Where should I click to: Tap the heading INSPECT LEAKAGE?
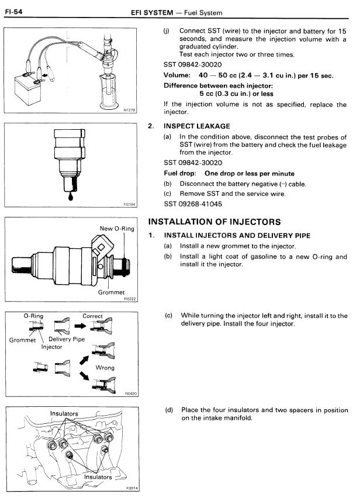pyautogui.click(x=197, y=126)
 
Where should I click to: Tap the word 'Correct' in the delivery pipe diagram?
pyautogui.click(x=92, y=316)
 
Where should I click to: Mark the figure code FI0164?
pyautogui.click(x=129, y=205)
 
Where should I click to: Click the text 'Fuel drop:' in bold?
pyautogui.click(x=181, y=174)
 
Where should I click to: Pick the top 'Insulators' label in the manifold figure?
pyautogui.click(x=64, y=414)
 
